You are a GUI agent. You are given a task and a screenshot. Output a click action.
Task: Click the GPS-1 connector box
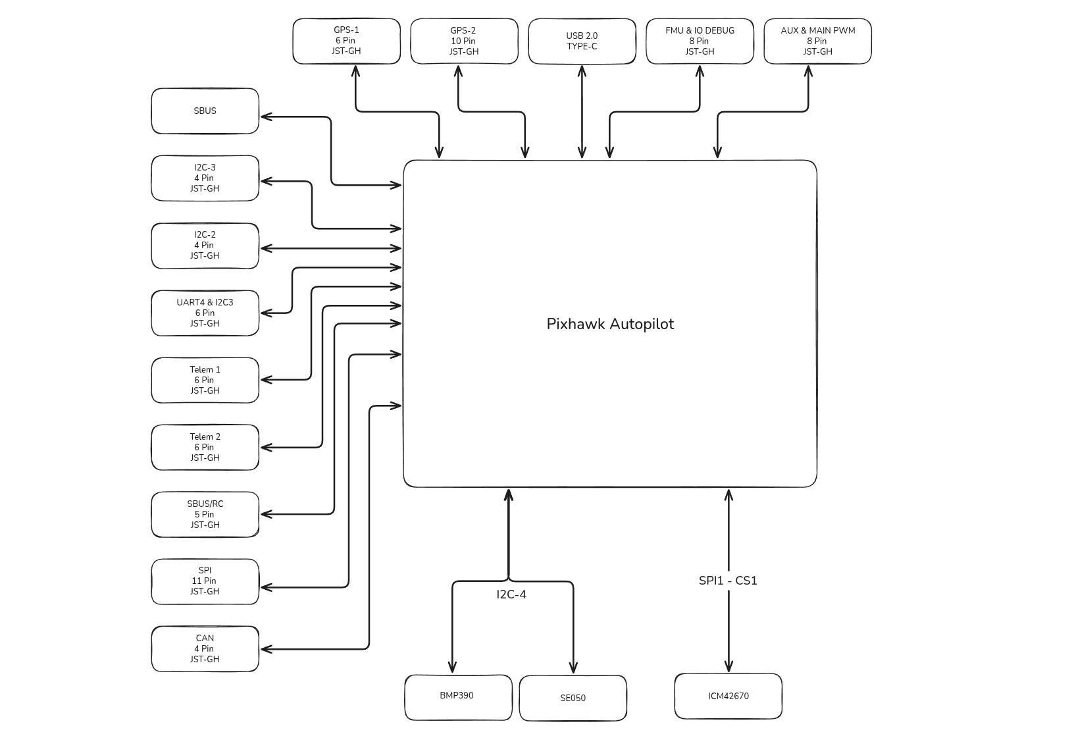346,41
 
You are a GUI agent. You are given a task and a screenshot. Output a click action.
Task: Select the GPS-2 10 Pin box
464,41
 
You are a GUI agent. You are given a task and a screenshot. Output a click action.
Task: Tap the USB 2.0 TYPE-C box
582,41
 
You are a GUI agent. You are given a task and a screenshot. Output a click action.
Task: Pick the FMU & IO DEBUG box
700,41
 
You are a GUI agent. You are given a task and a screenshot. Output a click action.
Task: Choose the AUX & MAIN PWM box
817,41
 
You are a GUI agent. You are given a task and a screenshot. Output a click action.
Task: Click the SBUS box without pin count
205,111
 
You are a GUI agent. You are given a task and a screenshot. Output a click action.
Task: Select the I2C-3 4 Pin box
205,178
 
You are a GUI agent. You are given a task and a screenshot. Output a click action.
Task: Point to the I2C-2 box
205,246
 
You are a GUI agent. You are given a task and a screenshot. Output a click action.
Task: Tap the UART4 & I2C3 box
205,313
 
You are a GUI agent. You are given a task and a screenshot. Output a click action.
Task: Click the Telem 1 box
205,381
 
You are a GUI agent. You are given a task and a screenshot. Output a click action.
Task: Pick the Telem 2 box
205,448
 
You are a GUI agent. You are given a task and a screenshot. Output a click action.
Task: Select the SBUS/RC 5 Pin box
205,515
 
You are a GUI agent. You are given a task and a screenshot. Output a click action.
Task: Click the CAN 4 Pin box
205,649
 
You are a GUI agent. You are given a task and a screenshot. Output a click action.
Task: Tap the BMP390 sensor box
458,697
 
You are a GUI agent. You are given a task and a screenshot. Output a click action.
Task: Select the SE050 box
573,698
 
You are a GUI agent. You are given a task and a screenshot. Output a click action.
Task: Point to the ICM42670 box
728,697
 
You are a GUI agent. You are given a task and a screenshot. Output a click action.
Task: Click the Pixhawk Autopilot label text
610,324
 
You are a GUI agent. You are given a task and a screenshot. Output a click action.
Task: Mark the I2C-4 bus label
511,595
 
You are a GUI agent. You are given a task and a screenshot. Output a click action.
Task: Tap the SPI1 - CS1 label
728,581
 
